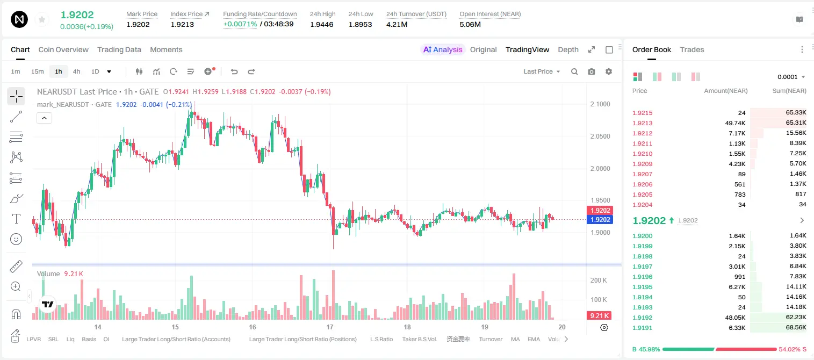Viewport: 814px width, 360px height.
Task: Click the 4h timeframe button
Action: click(x=76, y=71)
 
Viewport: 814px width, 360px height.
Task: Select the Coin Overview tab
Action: click(x=63, y=49)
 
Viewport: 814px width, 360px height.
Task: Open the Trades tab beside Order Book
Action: click(x=692, y=49)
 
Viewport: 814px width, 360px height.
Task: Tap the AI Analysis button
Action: click(x=443, y=49)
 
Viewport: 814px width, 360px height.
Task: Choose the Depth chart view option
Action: click(x=568, y=49)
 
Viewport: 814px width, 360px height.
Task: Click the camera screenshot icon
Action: click(x=592, y=71)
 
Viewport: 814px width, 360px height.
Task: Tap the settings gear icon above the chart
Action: click(x=609, y=71)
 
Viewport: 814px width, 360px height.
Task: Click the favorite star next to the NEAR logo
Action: click(x=42, y=19)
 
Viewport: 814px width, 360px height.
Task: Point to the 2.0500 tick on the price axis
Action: click(x=600, y=136)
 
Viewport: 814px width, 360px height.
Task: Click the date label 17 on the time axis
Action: click(x=329, y=327)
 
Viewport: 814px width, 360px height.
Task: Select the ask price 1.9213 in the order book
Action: click(x=642, y=123)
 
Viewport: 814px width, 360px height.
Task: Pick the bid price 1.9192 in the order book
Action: click(x=642, y=318)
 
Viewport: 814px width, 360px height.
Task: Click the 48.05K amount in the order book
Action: click(x=735, y=318)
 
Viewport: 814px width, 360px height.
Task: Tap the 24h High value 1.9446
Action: click(x=322, y=24)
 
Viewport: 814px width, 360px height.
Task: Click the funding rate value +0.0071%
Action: click(x=240, y=24)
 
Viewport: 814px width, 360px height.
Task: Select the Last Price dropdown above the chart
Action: click(x=542, y=71)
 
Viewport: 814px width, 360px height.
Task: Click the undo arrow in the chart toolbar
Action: click(x=234, y=71)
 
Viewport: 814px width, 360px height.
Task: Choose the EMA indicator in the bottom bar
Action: click(x=534, y=339)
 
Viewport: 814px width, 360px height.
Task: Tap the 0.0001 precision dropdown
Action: click(x=791, y=77)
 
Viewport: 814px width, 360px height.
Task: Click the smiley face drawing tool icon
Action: click(x=16, y=239)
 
